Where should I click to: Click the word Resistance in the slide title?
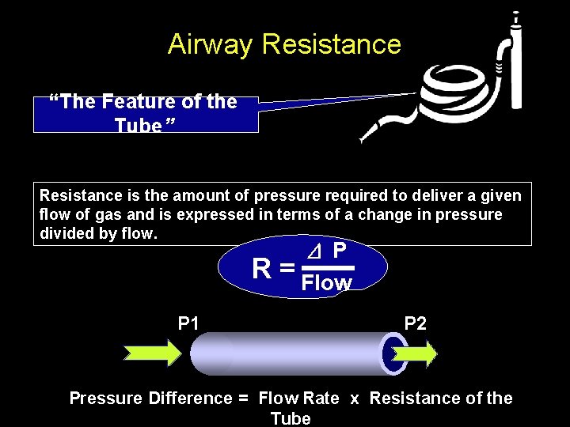(x=331, y=44)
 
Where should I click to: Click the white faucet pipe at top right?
(x=515, y=63)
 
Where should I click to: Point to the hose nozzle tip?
(x=363, y=140)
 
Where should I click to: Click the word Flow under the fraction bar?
(x=327, y=283)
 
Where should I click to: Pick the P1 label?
(x=188, y=323)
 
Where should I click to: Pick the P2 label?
(x=415, y=323)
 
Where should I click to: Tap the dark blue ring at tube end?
(x=391, y=353)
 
